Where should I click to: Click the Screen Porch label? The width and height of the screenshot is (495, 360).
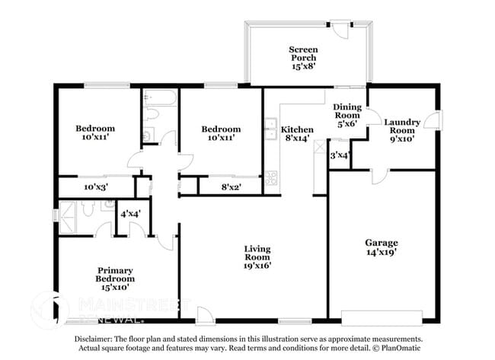point(302,58)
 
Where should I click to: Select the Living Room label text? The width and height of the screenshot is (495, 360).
point(257,257)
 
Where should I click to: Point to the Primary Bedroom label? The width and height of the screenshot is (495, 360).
point(115,278)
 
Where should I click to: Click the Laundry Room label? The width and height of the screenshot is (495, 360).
point(401,130)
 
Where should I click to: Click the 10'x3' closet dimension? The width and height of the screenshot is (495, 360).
point(96,186)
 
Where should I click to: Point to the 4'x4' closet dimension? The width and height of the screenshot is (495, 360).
point(129,215)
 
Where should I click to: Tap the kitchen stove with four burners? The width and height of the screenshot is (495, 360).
point(270,180)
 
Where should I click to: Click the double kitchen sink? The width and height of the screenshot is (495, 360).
point(270,128)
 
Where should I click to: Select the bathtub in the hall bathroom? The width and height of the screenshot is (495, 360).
point(159,98)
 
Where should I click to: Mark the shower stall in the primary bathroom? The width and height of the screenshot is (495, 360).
point(73,211)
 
